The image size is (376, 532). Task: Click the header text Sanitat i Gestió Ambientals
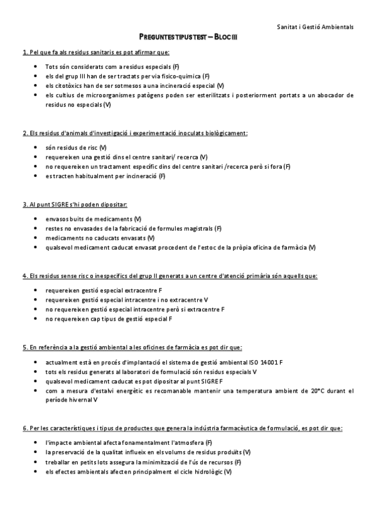[315, 27]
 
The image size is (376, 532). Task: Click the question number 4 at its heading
[24, 275]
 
